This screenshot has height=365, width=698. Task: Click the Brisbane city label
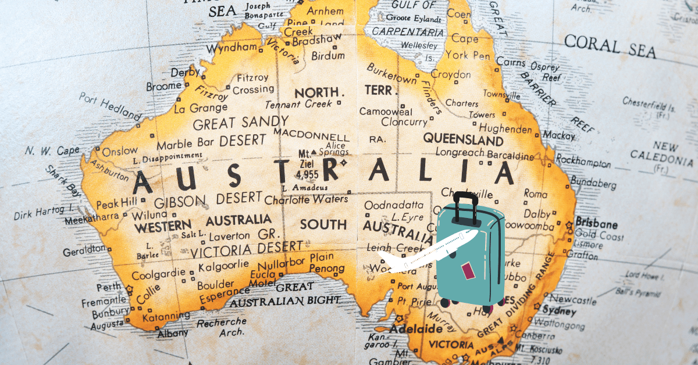point(596,224)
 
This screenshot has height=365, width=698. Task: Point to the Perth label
point(109,287)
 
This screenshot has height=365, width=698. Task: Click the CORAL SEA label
point(610,46)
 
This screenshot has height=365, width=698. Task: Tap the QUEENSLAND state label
point(463,139)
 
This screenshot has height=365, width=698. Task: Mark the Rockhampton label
point(583,161)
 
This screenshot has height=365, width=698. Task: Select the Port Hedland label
point(111,105)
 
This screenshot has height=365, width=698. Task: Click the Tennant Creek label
point(298,105)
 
